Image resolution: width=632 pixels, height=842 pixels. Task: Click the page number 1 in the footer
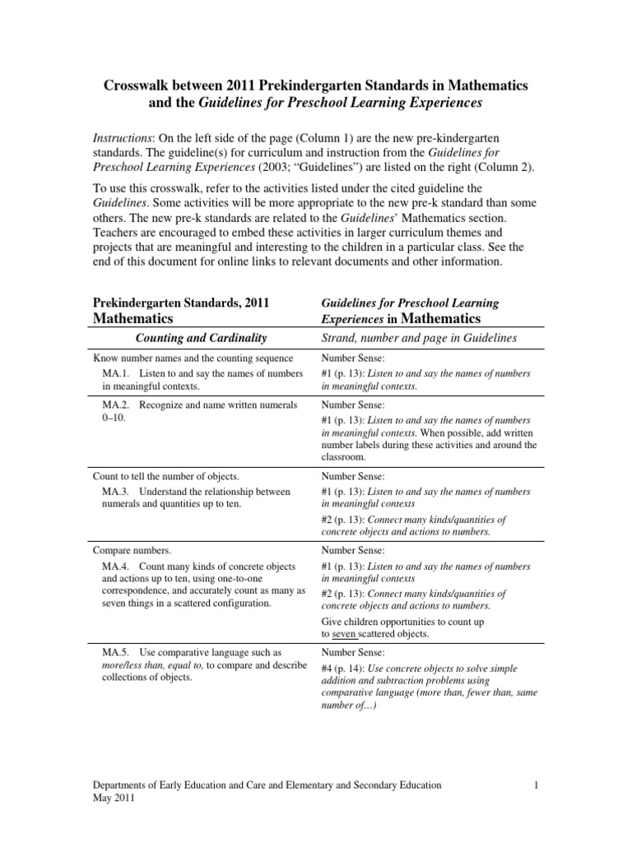point(535,785)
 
